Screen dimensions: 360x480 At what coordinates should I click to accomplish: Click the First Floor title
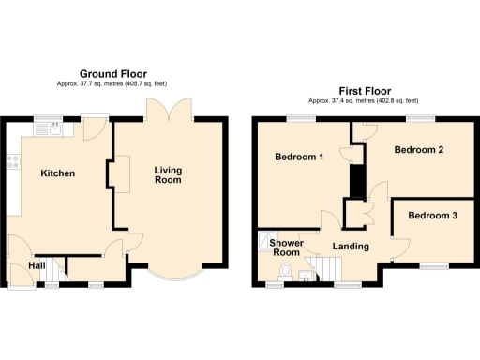coord(362,92)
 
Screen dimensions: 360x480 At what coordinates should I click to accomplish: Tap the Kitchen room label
coord(57,173)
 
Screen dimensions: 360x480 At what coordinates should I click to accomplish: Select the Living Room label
coord(168,174)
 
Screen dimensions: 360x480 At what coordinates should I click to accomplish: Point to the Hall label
coord(37,266)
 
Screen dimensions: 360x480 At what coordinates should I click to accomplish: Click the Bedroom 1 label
coord(299,157)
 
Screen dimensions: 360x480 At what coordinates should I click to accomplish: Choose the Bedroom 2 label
coord(418,150)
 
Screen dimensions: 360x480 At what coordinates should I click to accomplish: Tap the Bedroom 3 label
coord(433,216)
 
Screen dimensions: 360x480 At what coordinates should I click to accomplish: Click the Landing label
coord(350,247)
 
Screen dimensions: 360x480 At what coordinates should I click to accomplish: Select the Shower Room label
coord(285,247)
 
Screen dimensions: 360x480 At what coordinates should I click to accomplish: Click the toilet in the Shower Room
coord(285,272)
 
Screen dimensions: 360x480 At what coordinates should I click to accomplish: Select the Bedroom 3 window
coord(434,265)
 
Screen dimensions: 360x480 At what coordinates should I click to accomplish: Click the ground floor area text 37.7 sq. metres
coord(86,83)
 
